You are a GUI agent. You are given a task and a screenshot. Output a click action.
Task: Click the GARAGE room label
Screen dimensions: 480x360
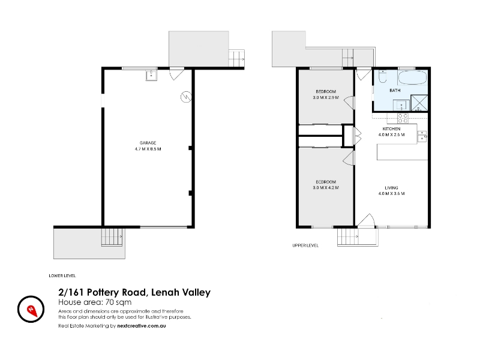pyautogui.click(x=148, y=143)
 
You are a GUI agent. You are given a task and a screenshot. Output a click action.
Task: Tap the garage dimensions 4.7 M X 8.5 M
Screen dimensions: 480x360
pyautogui.click(x=148, y=149)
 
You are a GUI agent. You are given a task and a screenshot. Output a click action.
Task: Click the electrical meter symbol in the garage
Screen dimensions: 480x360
pyautogui.click(x=186, y=97)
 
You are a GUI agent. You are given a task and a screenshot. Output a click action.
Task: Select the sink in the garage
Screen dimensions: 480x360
pyautogui.click(x=151, y=76)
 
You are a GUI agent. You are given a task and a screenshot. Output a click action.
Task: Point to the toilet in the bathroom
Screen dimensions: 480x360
pyautogui.click(x=383, y=77)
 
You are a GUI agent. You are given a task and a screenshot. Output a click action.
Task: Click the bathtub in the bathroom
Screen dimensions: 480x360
pyautogui.click(x=412, y=78)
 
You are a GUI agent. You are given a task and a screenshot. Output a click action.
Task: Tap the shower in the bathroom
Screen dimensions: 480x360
pyautogui.click(x=419, y=103)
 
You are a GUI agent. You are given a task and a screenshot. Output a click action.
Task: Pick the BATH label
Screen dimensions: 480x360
pyautogui.click(x=395, y=91)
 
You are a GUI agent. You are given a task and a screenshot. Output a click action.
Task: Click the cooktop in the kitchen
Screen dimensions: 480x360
pyautogui.click(x=403, y=118)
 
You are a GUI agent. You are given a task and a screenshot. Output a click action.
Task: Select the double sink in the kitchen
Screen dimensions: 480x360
pyautogui.click(x=422, y=136)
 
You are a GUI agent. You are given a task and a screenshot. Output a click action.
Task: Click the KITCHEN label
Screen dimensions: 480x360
pyautogui.click(x=392, y=129)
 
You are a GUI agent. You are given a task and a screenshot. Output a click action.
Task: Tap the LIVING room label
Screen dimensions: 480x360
pyautogui.click(x=392, y=188)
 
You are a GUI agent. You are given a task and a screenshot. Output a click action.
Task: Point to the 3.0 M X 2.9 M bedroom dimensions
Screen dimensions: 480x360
pyautogui.click(x=326, y=98)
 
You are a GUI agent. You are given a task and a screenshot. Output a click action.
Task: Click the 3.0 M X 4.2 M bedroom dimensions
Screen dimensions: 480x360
pyautogui.click(x=326, y=188)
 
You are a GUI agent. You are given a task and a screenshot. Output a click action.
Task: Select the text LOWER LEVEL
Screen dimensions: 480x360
pyautogui.click(x=62, y=276)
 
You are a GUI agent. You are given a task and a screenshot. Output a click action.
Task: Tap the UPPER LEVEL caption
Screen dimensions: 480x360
pyautogui.click(x=305, y=245)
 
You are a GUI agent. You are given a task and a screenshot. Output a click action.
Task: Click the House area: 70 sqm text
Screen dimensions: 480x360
pyautogui.click(x=95, y=302)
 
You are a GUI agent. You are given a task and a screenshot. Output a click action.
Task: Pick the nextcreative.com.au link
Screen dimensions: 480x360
pyautogui.click(x=142, y=326)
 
